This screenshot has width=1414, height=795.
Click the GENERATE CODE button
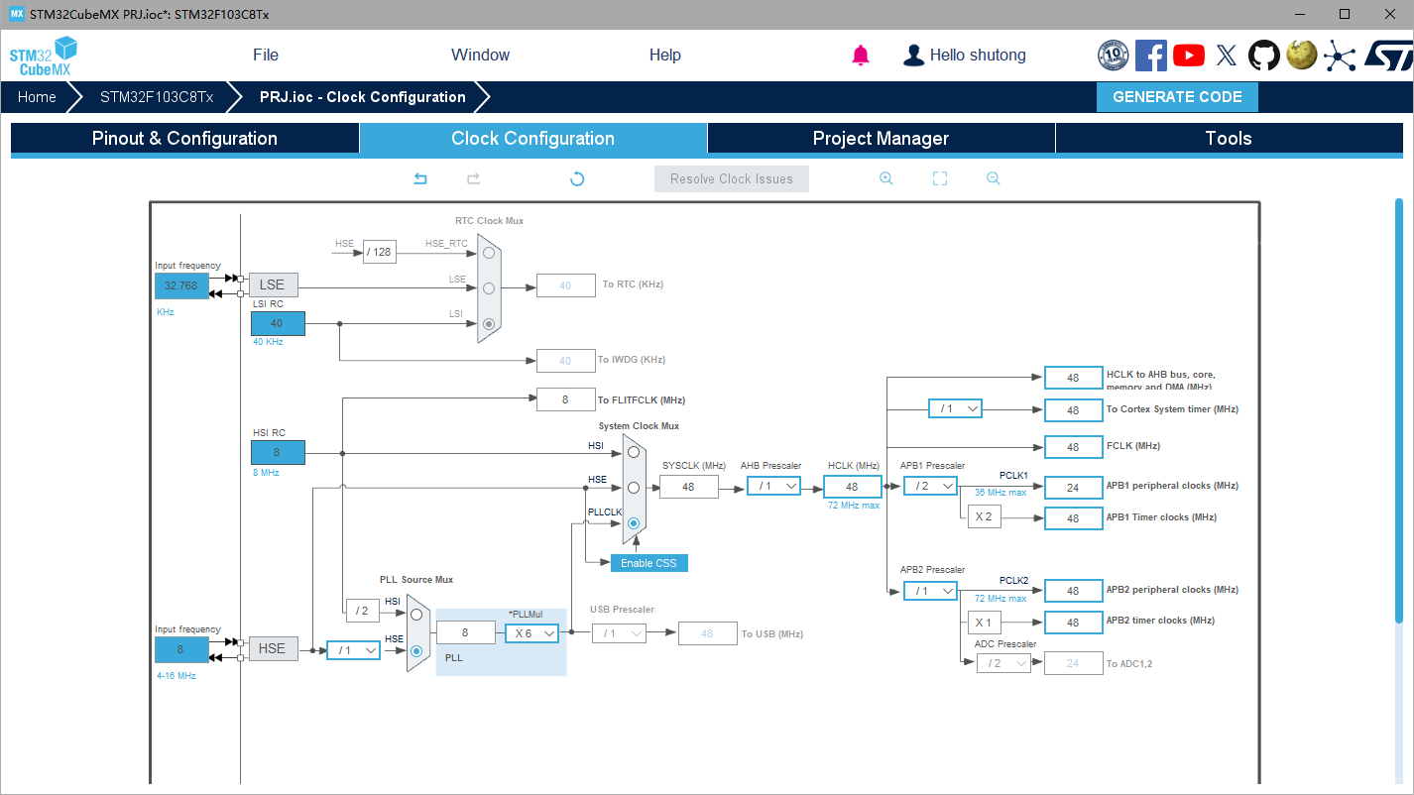[1177, 97]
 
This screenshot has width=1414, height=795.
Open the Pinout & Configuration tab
[184, 139]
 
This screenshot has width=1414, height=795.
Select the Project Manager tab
[881, 139]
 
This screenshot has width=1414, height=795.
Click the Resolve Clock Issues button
[731, 179]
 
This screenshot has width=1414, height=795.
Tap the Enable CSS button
[648, 563]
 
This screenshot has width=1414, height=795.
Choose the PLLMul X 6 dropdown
[532, 633]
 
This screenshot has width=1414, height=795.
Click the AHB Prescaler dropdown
[773, 486]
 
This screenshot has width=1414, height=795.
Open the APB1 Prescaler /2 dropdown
[930, 486]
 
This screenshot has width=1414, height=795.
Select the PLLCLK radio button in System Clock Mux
[634, 522]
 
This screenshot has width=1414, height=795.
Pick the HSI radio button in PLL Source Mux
[416, 615]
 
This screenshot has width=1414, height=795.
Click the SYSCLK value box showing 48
[688, 487]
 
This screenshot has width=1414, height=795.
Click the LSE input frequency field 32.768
[181, 285]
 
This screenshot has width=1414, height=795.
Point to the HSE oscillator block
[272, 648]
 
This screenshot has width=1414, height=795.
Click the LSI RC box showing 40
[278, 323]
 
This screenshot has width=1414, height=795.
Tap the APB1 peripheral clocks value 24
[1073, 487]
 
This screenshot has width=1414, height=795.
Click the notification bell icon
[861, 56]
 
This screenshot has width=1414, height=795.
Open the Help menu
[664, 56]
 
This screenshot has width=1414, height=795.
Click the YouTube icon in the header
[1188, 56]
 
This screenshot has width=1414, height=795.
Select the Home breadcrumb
[37, 97]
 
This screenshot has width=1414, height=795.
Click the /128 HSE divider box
[379, 252]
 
